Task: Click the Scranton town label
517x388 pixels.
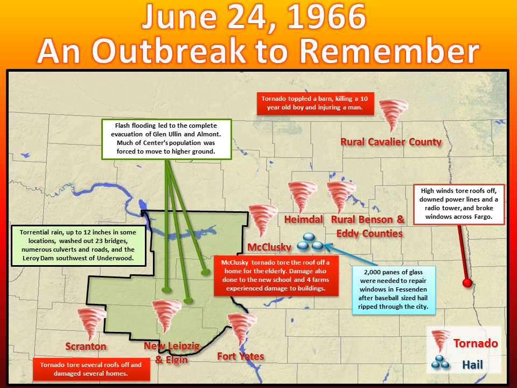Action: (x=86, y=346)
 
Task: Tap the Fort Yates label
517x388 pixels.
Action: (x=241, y=356)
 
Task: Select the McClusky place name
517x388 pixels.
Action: (x=269, y=247)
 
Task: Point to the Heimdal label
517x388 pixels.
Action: (x=303, y=219)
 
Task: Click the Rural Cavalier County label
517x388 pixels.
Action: (x=391, y=142)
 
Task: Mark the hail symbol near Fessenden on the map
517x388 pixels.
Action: (x=310, y=242)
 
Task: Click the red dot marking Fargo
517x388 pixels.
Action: (x=467, y=283)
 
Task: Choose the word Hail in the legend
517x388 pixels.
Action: (x=472, y=365)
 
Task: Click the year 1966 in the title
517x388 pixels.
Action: (x=326, y=17)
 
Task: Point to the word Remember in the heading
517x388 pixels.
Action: (x=389, y=51)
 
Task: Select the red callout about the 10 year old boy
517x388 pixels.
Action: (x=315, y=103)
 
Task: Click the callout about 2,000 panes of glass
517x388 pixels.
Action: (x=393, y=290)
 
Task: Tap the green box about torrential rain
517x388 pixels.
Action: (x=78, y=246)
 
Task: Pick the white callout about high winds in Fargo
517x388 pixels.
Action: (x=459, y=204)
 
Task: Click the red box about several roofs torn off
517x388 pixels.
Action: (x=92, y=370)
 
